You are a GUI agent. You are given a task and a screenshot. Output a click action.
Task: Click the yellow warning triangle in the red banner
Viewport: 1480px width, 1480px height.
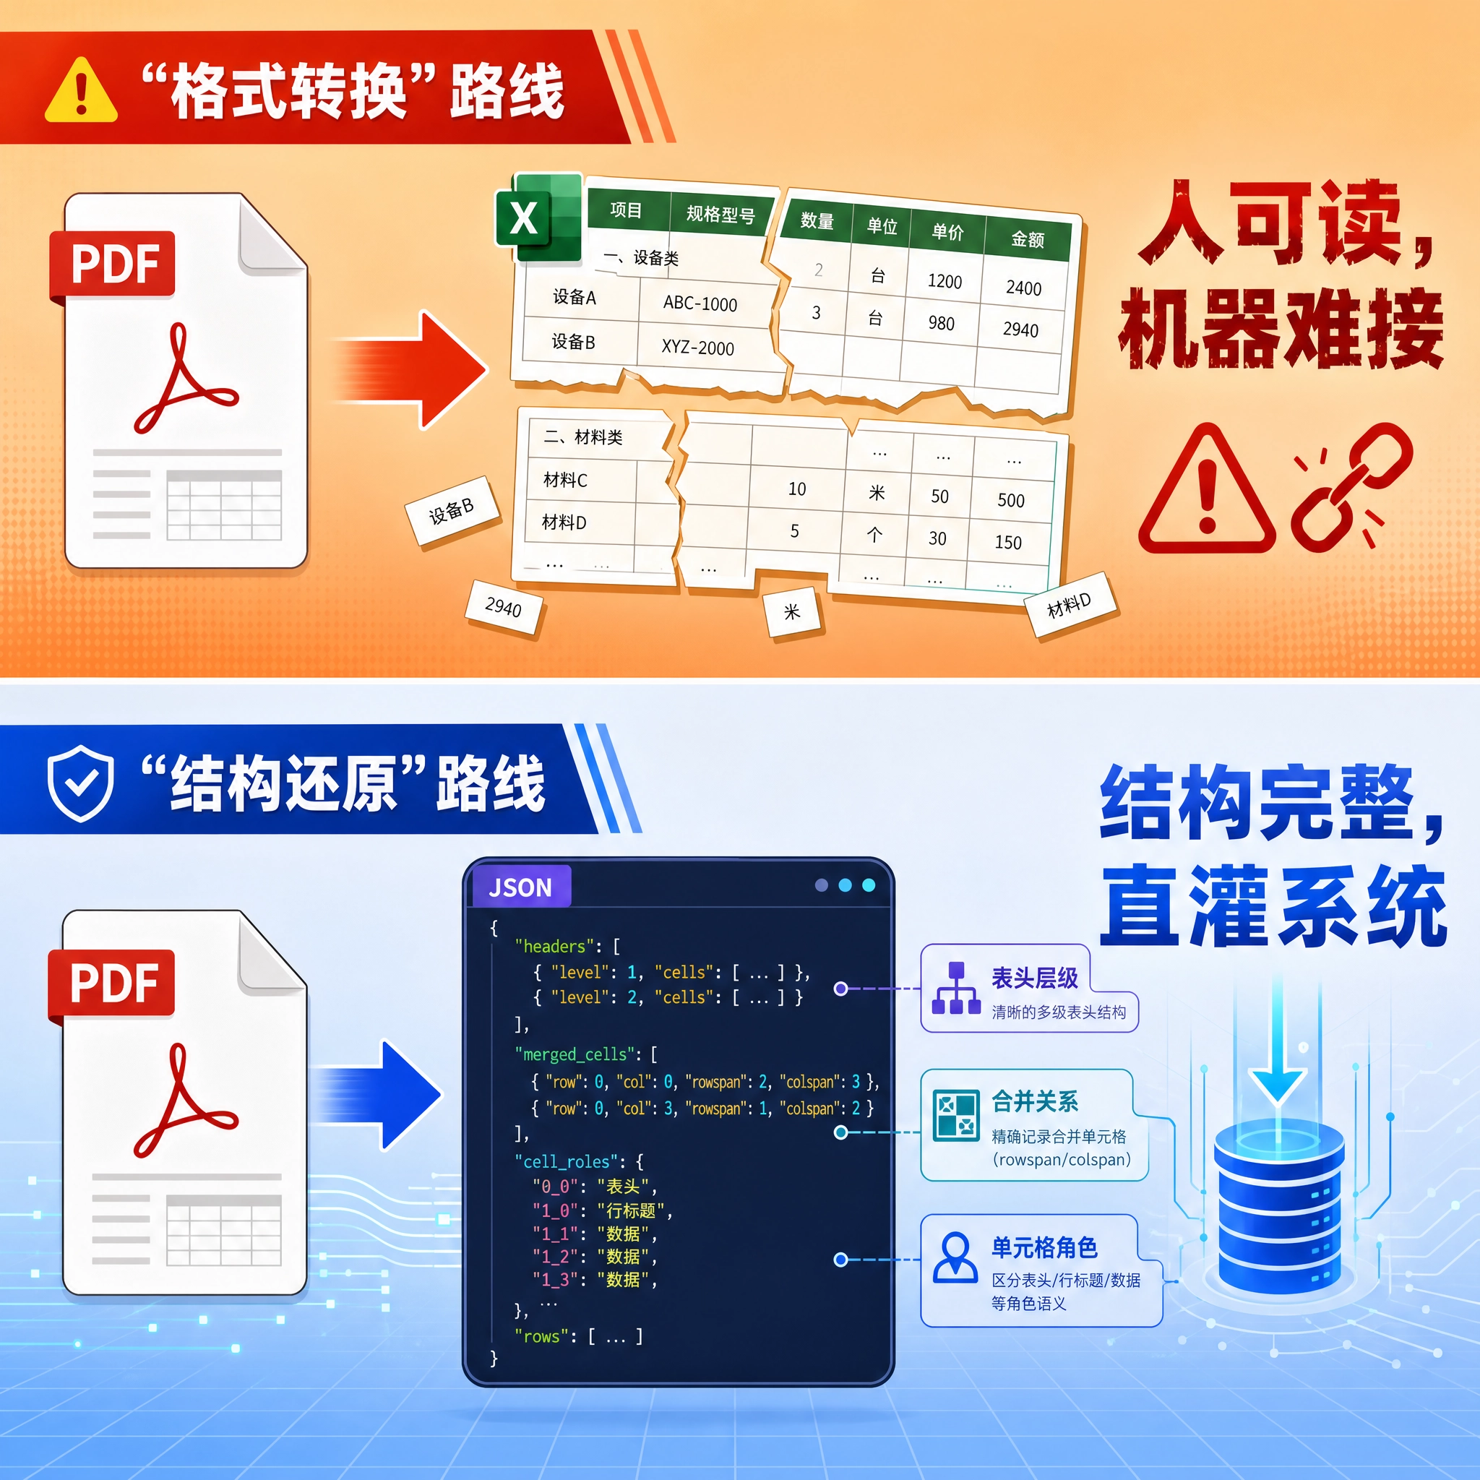point(81,91)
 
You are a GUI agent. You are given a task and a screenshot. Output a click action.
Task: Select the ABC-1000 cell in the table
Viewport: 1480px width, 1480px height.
point(700,304)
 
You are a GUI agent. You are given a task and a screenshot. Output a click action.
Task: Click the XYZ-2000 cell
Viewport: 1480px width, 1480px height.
point(698,347)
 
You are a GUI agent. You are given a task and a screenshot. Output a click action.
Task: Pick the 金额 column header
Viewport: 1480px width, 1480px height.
point(1028,239)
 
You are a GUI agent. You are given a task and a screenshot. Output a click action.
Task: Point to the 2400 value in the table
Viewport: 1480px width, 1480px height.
point(1023,288)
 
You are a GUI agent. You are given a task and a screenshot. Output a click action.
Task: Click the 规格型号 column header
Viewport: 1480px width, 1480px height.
point(720,214)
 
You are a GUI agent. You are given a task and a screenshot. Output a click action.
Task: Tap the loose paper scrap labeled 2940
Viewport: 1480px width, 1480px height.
point(503,608)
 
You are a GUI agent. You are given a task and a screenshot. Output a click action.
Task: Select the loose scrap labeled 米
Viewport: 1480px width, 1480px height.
point(792,612)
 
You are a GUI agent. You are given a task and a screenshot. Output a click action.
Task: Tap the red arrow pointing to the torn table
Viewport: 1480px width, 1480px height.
point(410,370)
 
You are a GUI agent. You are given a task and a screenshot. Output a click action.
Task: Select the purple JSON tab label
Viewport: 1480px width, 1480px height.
point(520,887)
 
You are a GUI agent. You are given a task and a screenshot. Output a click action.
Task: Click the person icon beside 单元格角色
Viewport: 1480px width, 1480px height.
point(955,1258)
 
